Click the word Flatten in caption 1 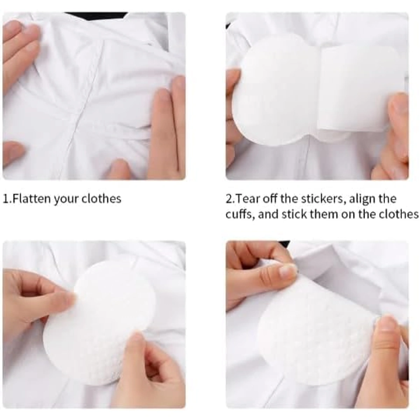[x=31, y=199]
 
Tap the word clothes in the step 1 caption [x=101, y=199]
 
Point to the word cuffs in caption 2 [x=239, y=215]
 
